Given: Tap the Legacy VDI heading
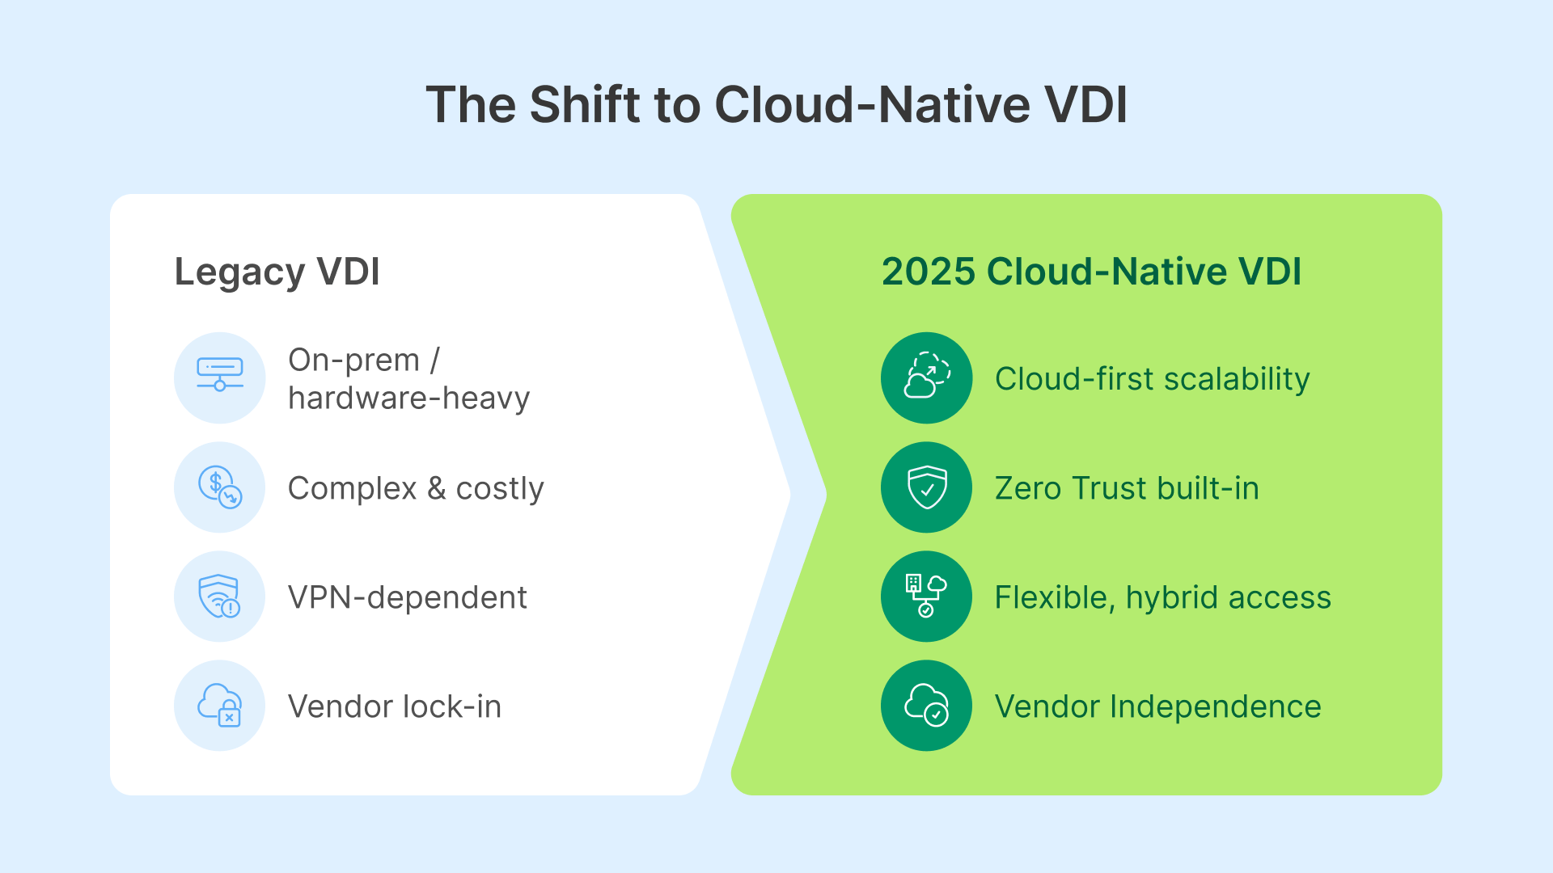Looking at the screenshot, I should [277, 272].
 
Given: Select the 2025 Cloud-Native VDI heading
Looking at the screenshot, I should [1091, 272].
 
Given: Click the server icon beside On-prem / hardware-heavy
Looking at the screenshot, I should [220, 377].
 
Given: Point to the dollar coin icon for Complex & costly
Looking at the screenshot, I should [220, 487].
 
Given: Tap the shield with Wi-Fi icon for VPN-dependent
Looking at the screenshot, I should [220, 597].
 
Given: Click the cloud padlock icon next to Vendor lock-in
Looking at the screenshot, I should [220, 706].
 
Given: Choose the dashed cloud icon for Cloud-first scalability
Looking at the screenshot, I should [926, 377].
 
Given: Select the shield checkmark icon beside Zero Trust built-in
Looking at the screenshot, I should [926, 487].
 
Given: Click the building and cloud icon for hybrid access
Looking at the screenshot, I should [926, 597].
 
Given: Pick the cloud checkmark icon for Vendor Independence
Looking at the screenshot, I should [926, 706].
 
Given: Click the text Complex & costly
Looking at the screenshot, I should [416, 488].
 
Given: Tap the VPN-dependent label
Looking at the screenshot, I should [407, 597].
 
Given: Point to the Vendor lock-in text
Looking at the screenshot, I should [395, 706].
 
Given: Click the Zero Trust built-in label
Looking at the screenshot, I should [1127, 488].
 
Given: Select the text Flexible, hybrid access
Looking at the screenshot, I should [1162, 597].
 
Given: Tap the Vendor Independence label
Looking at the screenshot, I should [1157, 706].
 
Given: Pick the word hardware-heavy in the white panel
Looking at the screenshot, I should [408, 399].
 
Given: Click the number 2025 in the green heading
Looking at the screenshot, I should [929, 272].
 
